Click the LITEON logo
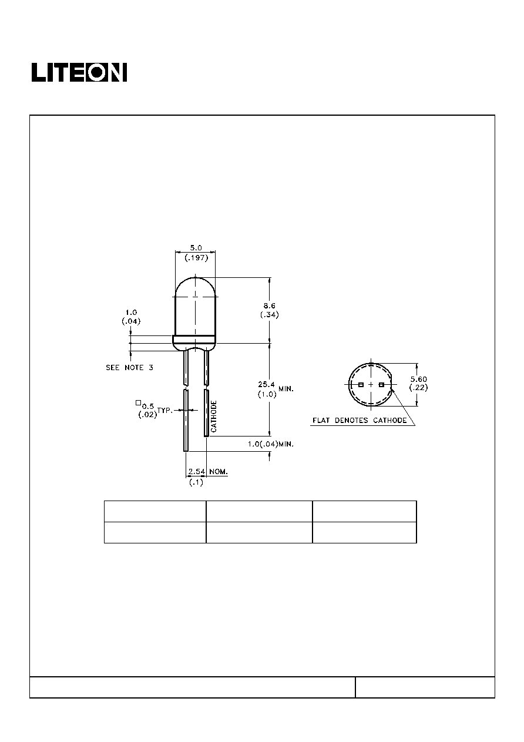click(x=79, y=72)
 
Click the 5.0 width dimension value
click(x=196, y=248)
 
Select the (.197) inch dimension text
click(x=196, y=258)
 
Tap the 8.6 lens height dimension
click(x=269, y=305)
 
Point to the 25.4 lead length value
click(x=266, y=385)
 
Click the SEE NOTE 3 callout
click(x=129, y=367)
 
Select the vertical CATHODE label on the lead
click(x=214, y=417)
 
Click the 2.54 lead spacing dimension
click(x=197, y=471)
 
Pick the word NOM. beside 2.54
click(x=219, y=471)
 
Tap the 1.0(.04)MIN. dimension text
click(x=271, y=444)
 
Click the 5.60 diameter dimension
click(x=419, y=380)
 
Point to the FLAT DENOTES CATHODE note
click(x=360, y=421)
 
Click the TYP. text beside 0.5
click(x=164, y=411)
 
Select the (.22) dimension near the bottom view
click(x=419, y=388)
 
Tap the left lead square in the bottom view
click(x=361, y=385)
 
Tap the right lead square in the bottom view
click(x=381, y=385)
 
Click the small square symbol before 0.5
click(x=138, y=403)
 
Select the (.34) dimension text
click(x=269, y=315)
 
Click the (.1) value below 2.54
click(x=196, y=483)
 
